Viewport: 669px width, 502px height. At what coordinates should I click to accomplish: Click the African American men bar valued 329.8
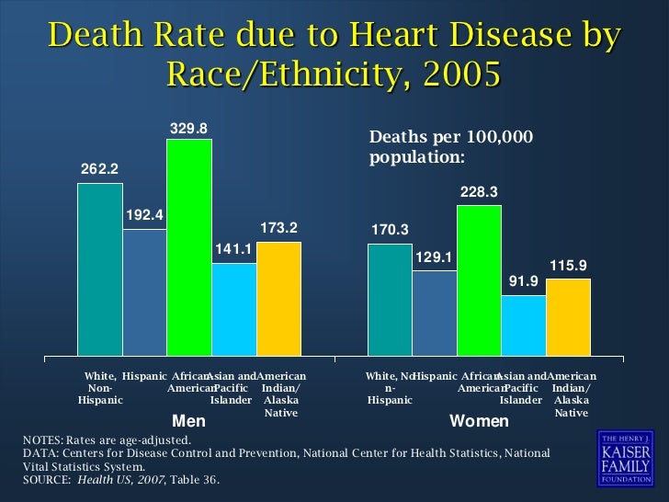pos(189,247)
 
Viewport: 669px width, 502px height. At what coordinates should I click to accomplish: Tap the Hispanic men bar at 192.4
pos(144,292)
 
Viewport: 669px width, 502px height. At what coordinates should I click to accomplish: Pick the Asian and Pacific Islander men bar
pos(234,310)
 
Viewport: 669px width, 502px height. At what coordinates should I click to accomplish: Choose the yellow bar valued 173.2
pos(278,299)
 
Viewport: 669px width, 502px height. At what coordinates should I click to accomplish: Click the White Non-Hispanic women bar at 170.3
pos(390,300)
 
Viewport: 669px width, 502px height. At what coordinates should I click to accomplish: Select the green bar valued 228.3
pos(479,280)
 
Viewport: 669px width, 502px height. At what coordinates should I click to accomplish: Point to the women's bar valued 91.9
pos(524,325)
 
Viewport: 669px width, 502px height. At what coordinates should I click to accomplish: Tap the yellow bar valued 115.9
pos(568,317)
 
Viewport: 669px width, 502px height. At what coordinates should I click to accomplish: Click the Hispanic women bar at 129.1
pos(435,314)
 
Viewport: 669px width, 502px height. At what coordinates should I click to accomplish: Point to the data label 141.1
pos(233,248)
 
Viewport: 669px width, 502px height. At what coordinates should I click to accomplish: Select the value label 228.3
pos(479,191)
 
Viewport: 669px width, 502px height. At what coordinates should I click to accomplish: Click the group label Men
pos(189,422)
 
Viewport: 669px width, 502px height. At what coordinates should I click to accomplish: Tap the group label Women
pos(479,422)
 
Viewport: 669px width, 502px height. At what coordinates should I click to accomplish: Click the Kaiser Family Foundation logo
pos(625,457)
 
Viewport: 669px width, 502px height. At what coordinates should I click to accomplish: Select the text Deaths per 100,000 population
pos(450,147)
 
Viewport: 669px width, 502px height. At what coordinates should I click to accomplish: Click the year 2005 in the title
pos(456,74)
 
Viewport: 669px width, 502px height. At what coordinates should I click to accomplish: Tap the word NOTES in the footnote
pos(42,441)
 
